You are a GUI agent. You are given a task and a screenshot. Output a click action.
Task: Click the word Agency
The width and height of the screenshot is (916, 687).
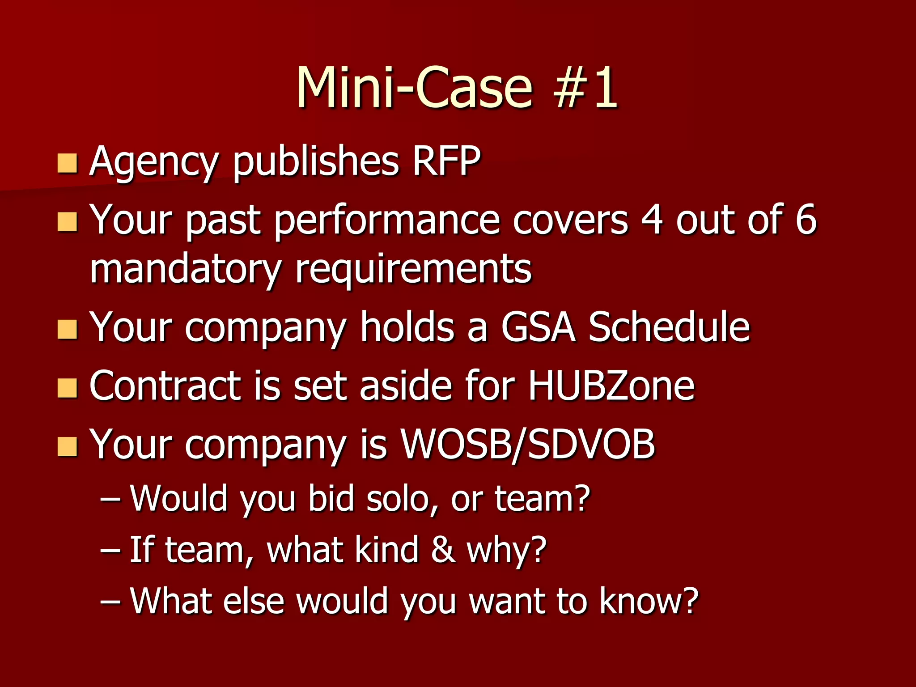155,162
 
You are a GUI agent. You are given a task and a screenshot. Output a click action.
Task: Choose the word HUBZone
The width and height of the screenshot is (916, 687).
611,386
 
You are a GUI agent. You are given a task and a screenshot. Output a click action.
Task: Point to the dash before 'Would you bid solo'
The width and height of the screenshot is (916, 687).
110,499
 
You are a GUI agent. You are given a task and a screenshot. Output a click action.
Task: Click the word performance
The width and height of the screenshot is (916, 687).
387,221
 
